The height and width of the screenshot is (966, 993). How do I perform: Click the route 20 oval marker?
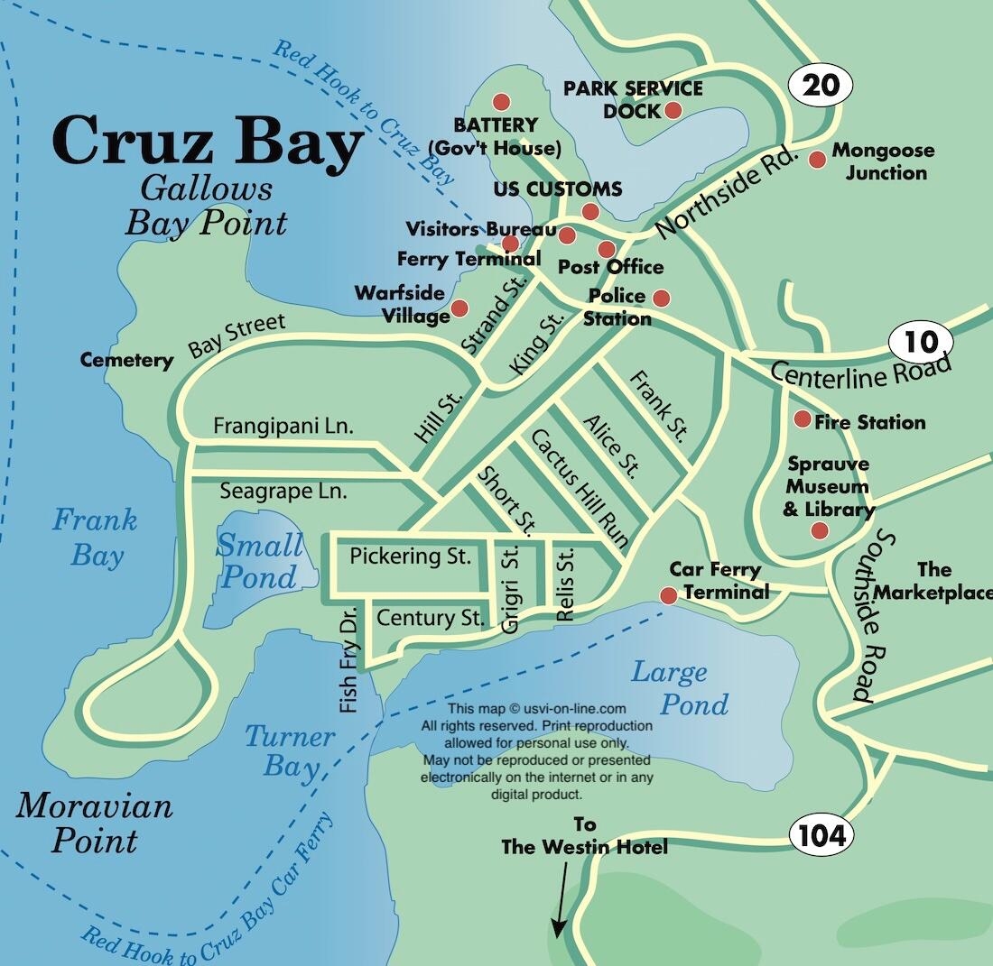820,86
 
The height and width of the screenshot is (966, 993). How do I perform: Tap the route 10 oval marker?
921,342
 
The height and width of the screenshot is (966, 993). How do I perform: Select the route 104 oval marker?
821,835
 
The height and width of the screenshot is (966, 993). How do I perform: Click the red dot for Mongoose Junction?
817,160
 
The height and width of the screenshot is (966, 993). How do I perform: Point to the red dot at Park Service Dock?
673,110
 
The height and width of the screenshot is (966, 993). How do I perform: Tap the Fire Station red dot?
802,419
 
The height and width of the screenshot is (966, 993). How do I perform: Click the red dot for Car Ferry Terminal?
668,595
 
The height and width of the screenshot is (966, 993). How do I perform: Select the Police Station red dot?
661,298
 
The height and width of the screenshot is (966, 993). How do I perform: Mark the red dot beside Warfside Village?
459,308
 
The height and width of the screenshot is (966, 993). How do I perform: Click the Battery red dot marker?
501,102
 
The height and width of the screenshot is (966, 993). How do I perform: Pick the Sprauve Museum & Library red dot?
819,530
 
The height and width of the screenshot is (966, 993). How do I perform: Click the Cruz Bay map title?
208,143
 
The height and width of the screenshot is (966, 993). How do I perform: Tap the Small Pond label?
259,561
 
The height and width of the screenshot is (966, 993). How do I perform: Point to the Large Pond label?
681,687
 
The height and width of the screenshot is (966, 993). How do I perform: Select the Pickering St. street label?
410,557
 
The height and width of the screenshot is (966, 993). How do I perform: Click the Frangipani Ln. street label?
283,426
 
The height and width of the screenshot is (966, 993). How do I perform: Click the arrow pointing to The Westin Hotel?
561,898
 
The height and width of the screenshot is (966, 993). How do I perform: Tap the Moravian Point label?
94,823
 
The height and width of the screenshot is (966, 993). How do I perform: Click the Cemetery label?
126,361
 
